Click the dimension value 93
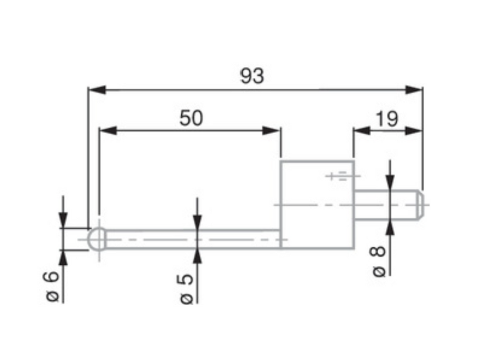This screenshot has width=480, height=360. click(x=252, y=76)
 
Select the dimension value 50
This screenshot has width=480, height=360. click(x=191, y=118)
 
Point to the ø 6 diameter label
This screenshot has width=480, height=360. click(x=51, y=286)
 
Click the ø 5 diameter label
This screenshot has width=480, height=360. click(x=186, y=289)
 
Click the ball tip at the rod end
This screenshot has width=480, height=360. click(x=97, y=239)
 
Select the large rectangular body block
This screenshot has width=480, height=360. click(x=317, y=204)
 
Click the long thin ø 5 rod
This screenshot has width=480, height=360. click(x=193, y=239)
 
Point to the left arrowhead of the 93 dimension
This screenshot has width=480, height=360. click(x=97, y=90)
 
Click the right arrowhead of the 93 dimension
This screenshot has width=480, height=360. click(x=414, y=90)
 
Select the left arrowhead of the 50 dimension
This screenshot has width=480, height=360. click(x=108, y=131)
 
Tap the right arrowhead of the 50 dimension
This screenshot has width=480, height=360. click(x=271, y=131)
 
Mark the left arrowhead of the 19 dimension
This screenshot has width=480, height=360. click(x=362, y=131)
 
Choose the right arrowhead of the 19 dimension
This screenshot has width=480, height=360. click(x=414, y=131)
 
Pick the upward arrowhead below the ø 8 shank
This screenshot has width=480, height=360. click(x=390, y=227)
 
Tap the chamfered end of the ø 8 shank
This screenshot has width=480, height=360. click(x=420, y=205)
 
